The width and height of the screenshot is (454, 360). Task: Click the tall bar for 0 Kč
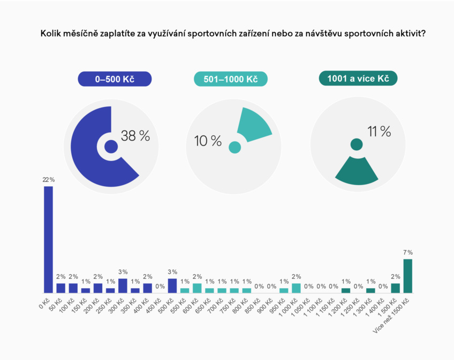pyautogui.click(x=48, y=239)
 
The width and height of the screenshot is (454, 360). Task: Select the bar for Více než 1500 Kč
pyautogui.click(x=407, y=275)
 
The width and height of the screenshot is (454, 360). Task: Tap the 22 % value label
pyautogui.click(x=48, y=180)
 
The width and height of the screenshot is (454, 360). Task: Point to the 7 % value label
pyautogui.click(x=407, y=252)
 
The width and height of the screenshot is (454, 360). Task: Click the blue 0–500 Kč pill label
pyautogui.click(x=115, y=79)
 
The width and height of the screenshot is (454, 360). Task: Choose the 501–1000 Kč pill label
pyautogui.click(x=230, y=79)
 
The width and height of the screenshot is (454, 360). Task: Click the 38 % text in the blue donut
pyautogui.click(x=135, y=136)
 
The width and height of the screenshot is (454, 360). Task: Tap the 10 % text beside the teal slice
pyautogui.click(x=208, y=141)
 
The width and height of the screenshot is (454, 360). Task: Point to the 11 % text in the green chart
pyautogui.click(x=379, y=132)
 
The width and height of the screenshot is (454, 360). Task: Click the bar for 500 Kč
pyautogui.click(x=172, y=286)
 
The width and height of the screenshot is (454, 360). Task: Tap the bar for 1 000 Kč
pyautogui.click(x=296, y=288)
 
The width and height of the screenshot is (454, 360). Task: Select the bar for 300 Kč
pyautogui.click(x=123, y=286)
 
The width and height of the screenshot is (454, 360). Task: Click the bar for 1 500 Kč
pyautogui.click(x=395, y=288)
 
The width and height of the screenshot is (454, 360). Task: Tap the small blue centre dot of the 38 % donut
pyautogui.click(x=111, y=146)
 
